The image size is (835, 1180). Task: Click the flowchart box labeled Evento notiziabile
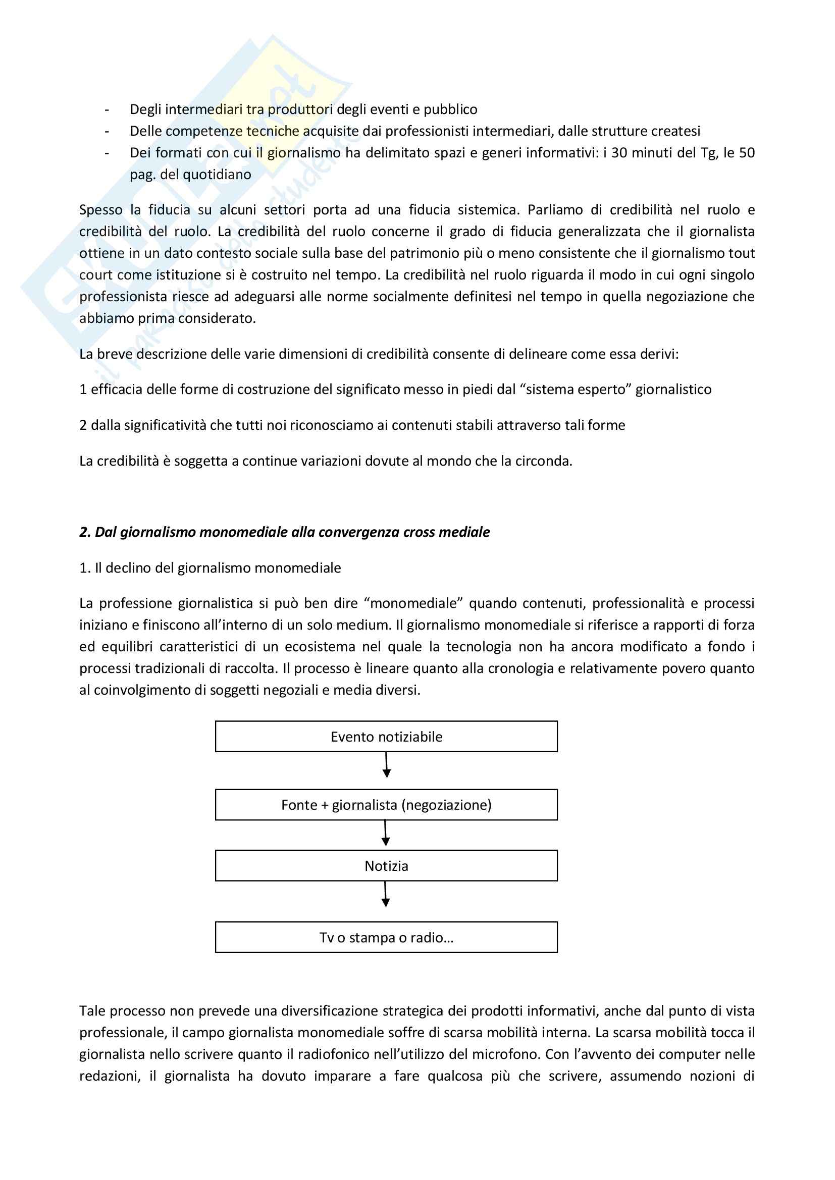coord(386,737)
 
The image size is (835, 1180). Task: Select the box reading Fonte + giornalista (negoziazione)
coord(386,805)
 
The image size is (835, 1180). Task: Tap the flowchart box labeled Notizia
coord(386,866)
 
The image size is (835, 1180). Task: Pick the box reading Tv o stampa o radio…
coord(386,937)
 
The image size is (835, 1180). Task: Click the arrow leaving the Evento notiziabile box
coord(387,765)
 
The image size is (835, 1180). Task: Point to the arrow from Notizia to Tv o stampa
coord(386,894)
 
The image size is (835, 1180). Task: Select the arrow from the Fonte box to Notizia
coord(386,833)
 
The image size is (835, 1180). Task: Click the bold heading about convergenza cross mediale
coord(284,532)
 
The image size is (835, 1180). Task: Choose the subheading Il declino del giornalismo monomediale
coord(210,568)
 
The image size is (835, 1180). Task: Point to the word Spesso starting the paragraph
coord(101,210)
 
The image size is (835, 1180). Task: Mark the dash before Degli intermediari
coord(107,109)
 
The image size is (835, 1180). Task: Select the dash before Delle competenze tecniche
coord(107,131)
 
